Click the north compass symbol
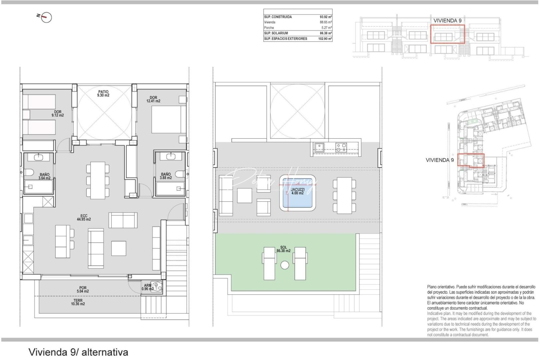pos(47,17)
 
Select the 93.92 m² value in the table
pos(326,17)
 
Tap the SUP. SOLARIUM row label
pos(276,33)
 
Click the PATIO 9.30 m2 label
pos(103,94)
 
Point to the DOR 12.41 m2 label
pos(153,99)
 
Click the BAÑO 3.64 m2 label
pos(44,176)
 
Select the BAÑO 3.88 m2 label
pos(166,176)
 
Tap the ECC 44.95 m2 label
pos(84,218)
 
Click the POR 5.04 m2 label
pos(83,290)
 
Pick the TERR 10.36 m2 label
pos(78,302)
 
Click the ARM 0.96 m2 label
pos(147,287)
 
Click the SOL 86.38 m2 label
pos(283,249)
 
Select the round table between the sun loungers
pos(285,265)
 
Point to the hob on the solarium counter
pos(341,147)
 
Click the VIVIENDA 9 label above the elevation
pos(447,21)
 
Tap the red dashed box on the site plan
pos(470,160)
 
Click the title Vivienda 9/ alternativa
pos(78,352)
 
